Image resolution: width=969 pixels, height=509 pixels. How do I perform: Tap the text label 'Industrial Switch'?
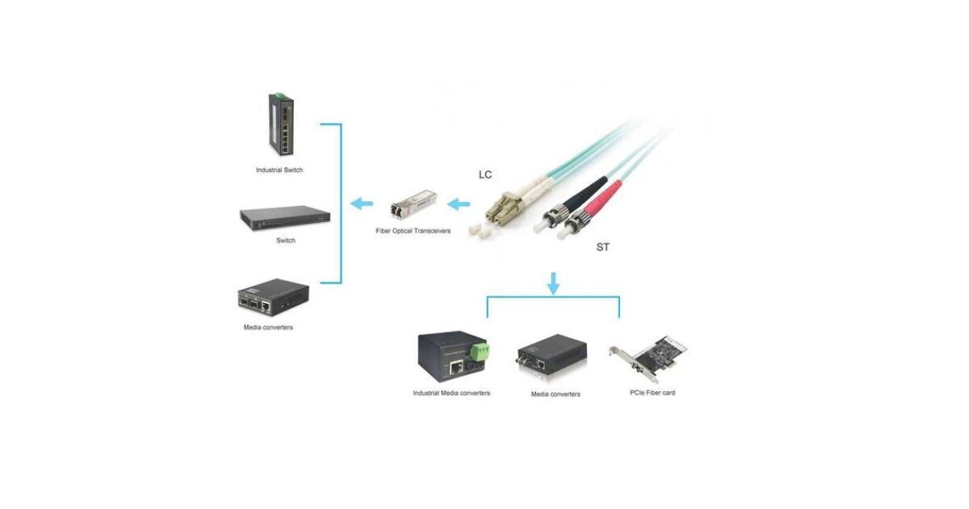[279, 170]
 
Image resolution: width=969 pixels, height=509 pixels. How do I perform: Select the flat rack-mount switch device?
[286, 217]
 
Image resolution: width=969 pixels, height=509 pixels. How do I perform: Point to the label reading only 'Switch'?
[286, 241]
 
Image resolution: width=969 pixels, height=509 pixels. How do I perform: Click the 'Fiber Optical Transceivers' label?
[413, 232]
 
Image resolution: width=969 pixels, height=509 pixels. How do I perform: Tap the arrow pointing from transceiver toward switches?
[361, 204]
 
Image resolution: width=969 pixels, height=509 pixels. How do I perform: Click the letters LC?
[485, 175]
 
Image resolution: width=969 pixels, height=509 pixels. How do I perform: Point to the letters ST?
[603, 247]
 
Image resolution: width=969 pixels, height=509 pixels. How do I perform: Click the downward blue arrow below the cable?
[553, 283]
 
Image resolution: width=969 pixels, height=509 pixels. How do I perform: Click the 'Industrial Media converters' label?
[451, 393]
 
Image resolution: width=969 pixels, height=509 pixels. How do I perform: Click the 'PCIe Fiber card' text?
[652, 393]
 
